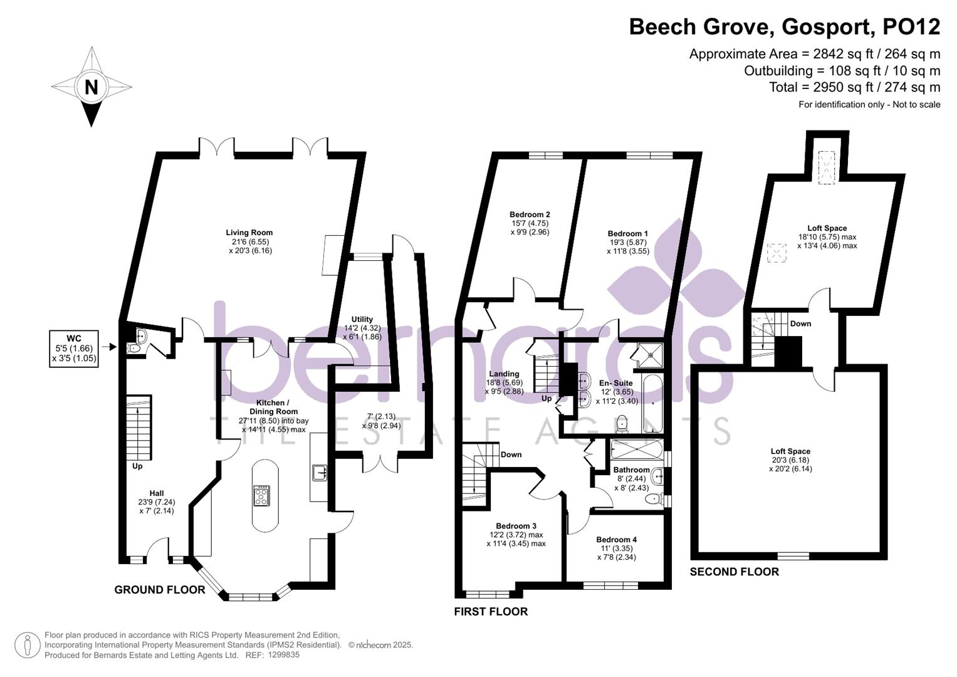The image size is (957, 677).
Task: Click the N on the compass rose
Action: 92,87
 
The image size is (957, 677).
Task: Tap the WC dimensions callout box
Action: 74,349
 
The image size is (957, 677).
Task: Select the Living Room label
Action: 249,233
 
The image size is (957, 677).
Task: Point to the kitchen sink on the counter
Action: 320,473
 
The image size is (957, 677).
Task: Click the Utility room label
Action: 362,319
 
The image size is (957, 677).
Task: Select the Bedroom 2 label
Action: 530,214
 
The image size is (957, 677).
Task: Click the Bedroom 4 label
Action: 617,540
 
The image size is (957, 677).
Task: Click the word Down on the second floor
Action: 800,323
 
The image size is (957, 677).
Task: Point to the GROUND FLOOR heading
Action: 160,590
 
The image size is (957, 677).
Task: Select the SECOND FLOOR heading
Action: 735,572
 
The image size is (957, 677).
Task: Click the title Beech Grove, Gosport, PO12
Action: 785,27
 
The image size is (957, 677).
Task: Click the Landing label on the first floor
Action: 504,374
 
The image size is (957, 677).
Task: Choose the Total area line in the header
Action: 854,87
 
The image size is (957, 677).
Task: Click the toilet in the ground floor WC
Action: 133,349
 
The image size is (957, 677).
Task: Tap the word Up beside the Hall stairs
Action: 137,466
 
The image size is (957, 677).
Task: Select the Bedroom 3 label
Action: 516,526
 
